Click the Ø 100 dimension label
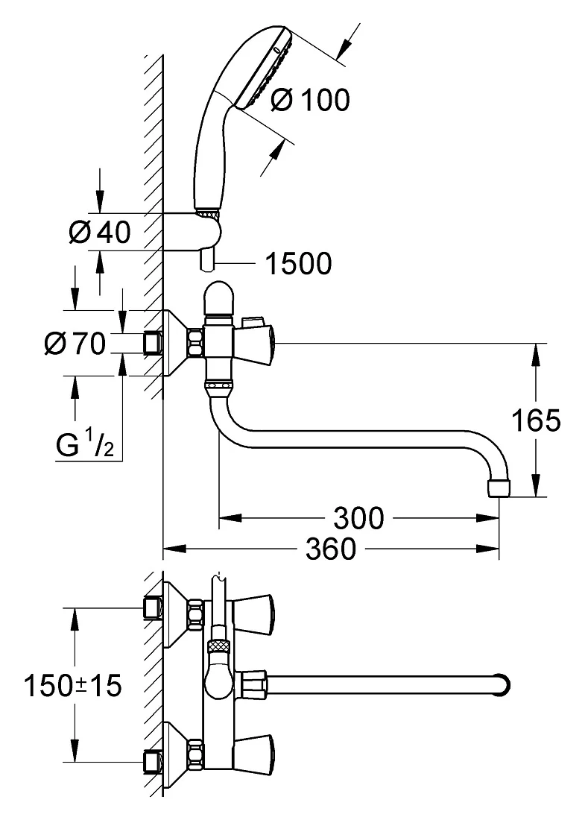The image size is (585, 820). click(x=311, y=100)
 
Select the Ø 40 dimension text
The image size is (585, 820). click(x=100, y=232)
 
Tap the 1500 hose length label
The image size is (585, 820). click(x=299, y=264)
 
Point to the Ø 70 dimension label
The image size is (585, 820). click(x=75, y=344)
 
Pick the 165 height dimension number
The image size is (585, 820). click(x=535, y=420)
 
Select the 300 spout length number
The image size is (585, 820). click(x=358, y=518)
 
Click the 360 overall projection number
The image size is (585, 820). click(x=330, y=549)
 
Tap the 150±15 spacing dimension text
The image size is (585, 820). click(x=73, y=686)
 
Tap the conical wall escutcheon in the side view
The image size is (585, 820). click(x=176, y=344)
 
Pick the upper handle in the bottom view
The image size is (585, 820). click(x=252, y=609)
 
